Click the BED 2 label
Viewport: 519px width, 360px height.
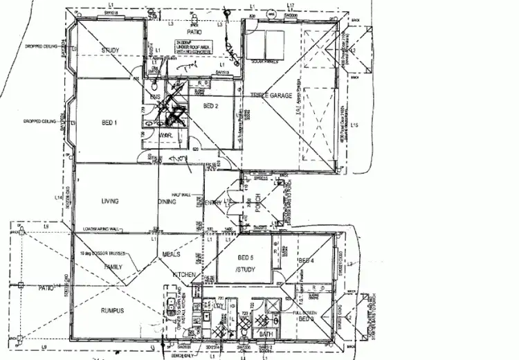coord(212,107)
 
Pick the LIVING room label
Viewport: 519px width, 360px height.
coord(109,201)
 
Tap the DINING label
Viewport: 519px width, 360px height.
coord(167,201)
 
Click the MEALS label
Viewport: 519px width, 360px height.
coord(172,254)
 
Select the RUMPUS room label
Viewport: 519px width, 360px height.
coord(111,311)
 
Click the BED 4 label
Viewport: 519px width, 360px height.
coord(306,260)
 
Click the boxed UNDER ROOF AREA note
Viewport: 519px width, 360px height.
coord(192,47)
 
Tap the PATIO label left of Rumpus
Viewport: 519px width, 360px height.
coord(46,287)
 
